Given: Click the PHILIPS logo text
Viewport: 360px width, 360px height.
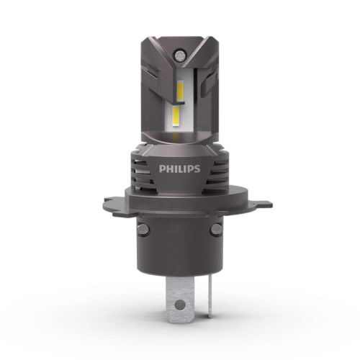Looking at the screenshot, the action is [179, 168].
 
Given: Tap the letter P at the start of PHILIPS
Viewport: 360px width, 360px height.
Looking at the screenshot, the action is [162, 168].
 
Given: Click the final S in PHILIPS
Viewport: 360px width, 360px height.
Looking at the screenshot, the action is [197, 168].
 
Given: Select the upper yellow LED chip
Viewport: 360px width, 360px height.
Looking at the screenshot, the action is [180, 91].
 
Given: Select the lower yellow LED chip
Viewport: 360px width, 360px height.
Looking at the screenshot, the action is [176, 116].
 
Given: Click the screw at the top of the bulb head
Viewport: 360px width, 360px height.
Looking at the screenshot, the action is [179, 55].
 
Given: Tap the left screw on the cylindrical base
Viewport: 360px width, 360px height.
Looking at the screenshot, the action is [143, 230].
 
